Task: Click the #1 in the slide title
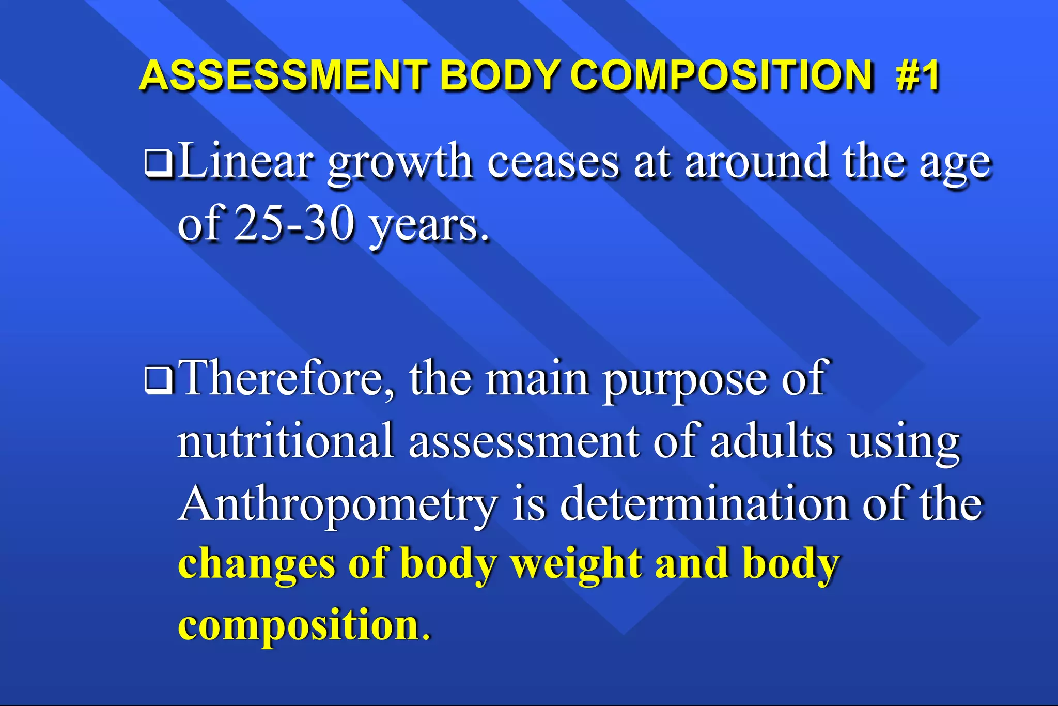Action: (918, 75)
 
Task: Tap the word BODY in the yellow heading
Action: (499, 75)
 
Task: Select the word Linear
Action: (245, 161)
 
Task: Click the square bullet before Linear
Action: (159, 164)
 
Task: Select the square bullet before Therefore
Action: (159, 381)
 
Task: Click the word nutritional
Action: (286, 441)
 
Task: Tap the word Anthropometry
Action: (338, 505)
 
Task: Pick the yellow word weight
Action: (577, 565)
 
